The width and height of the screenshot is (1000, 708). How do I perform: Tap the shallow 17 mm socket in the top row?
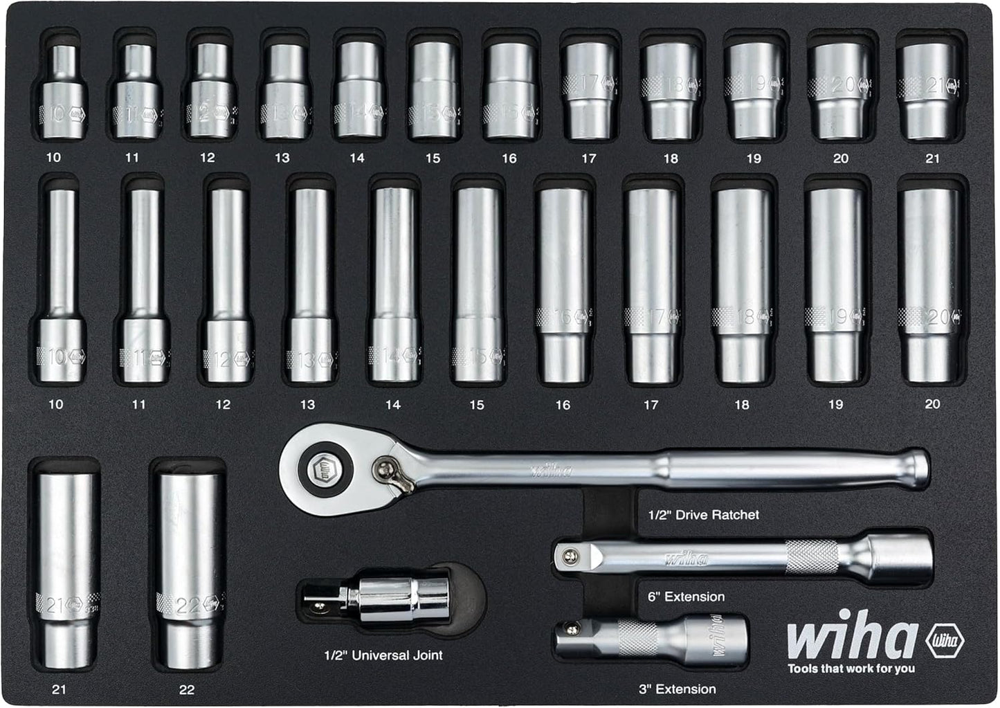589,90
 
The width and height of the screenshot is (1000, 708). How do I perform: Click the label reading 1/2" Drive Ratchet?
703,515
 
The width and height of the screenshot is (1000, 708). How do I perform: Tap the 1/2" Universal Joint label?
383,655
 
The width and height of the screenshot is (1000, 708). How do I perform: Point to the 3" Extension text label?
677,689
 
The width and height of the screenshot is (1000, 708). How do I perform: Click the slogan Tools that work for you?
851,669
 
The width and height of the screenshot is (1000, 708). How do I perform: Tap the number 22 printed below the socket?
186,689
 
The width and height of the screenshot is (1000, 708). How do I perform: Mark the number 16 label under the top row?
509,158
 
